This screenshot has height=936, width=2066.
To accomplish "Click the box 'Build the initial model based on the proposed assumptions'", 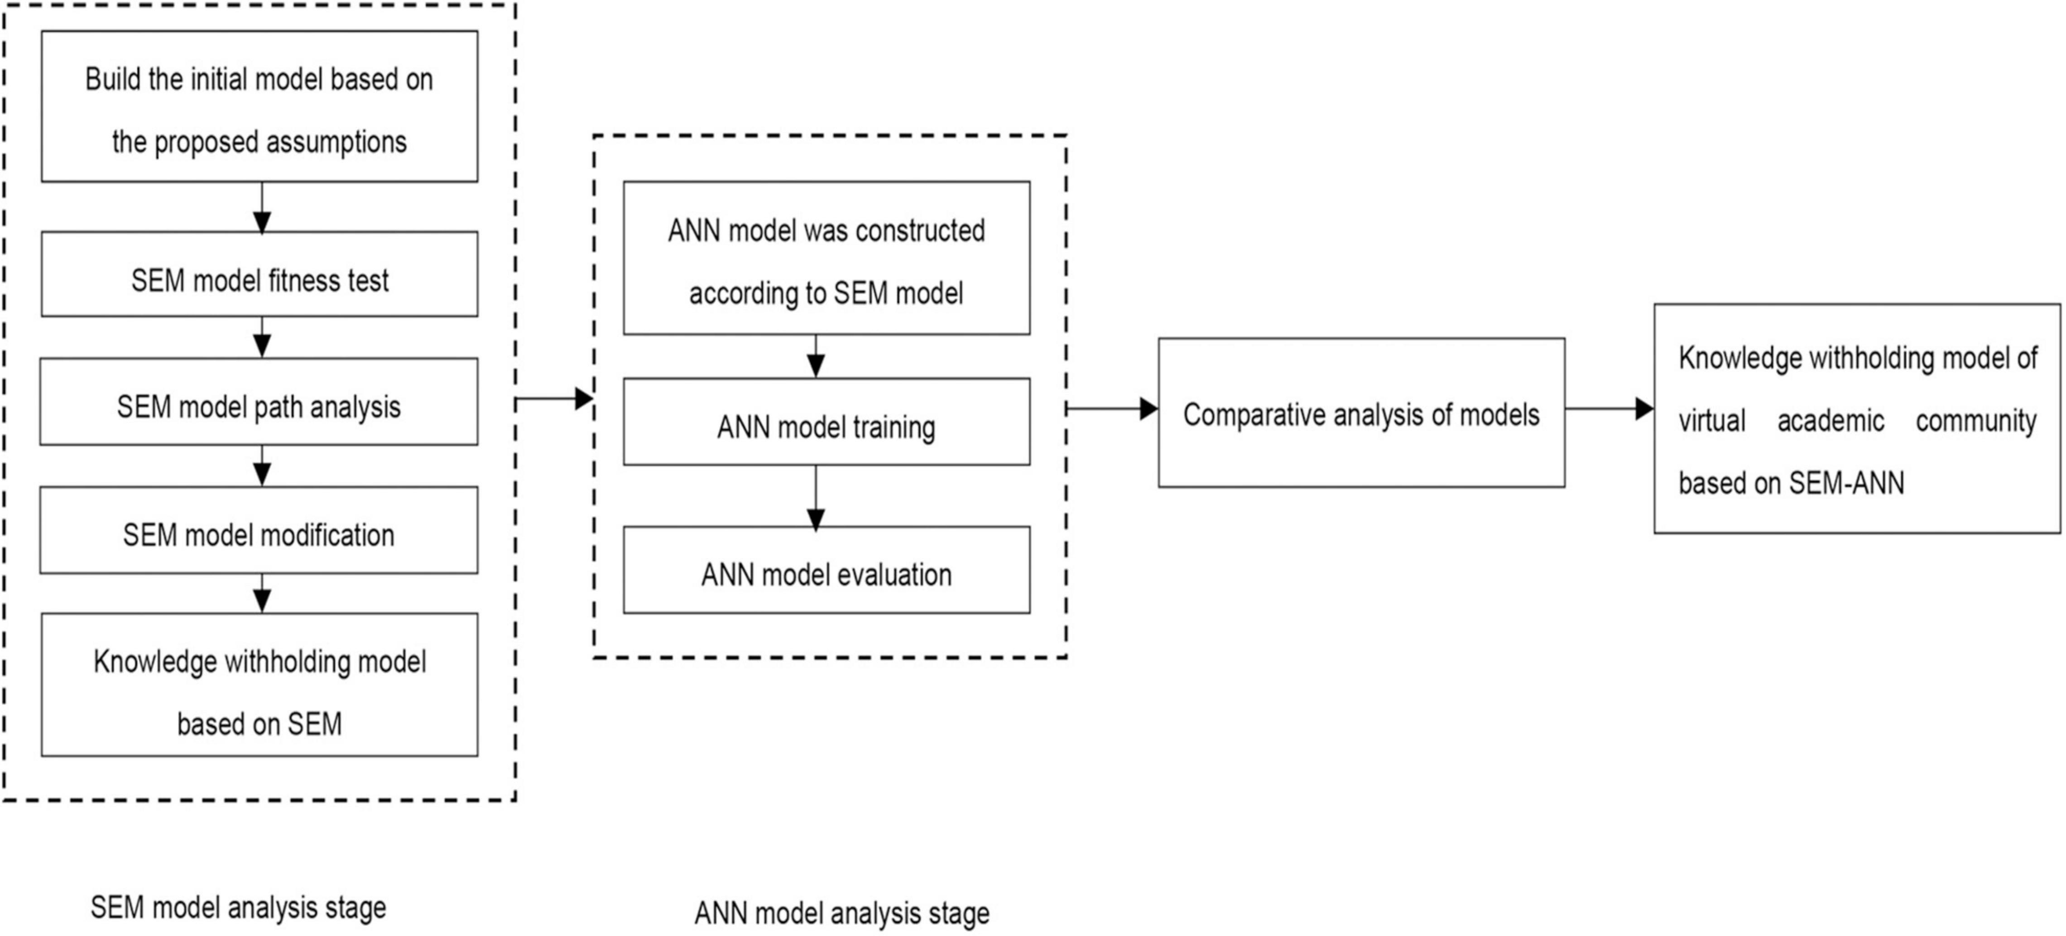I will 259,107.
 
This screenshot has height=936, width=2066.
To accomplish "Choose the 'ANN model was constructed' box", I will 826,258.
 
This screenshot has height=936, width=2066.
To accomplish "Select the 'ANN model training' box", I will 826,422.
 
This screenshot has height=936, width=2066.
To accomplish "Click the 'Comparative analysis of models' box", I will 1361,413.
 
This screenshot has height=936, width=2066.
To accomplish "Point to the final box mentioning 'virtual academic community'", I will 1857,419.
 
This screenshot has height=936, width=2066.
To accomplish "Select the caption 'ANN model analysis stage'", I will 841,913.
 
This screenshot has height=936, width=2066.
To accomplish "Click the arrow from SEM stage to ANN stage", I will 553,398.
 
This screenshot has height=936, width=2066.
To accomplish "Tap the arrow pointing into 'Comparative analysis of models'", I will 1112,409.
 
